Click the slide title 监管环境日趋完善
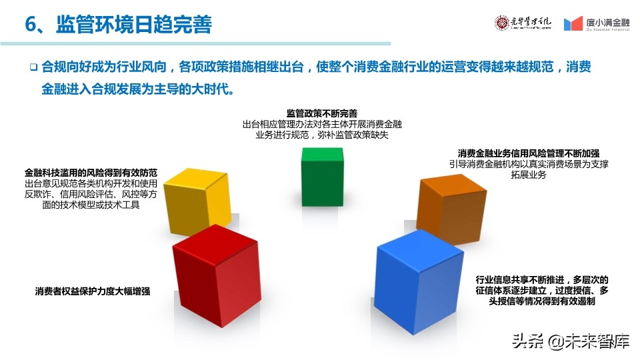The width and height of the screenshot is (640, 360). [134, 25]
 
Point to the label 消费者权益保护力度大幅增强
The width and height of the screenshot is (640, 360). [93, 291]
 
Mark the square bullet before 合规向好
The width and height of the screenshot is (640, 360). [33, 67]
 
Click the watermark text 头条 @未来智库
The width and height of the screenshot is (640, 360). [571, 342]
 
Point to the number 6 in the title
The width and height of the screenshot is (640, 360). [30, 25]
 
